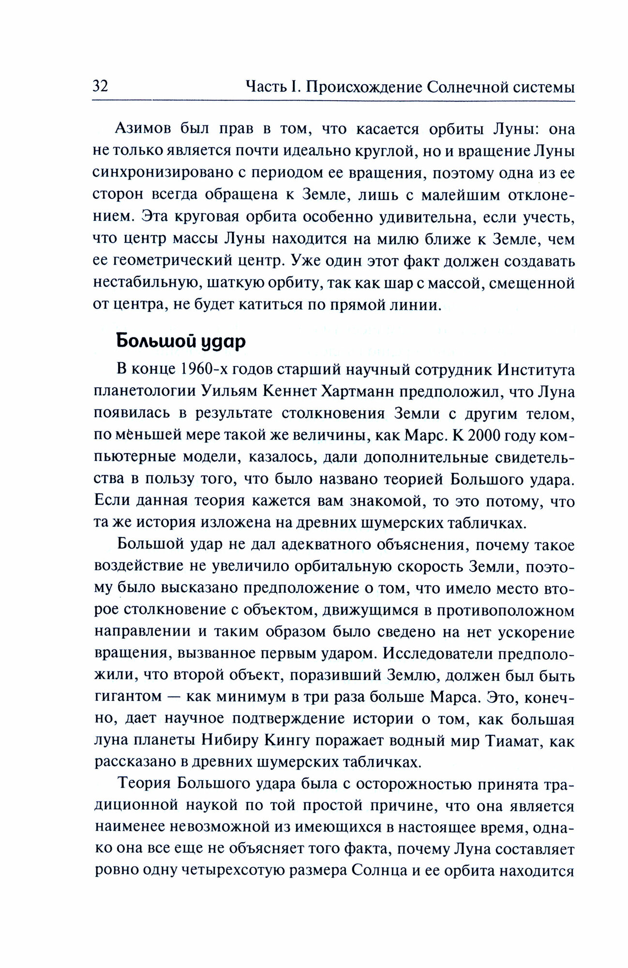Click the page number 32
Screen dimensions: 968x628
[x=100, y=87]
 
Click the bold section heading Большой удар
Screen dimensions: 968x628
[x=181, y=342]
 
